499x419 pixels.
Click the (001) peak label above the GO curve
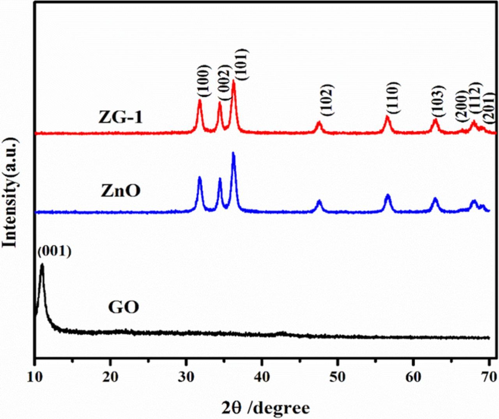click(54, 252)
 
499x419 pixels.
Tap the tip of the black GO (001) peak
click(42, 265)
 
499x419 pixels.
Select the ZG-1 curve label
click(120, 117)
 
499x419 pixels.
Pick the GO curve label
click(123, 307)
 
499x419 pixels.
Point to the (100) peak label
click(203, 82)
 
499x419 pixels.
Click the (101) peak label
click(241, 64)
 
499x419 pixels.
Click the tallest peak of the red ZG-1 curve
click(234, 81)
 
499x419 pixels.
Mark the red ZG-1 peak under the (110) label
click(387, 116)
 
